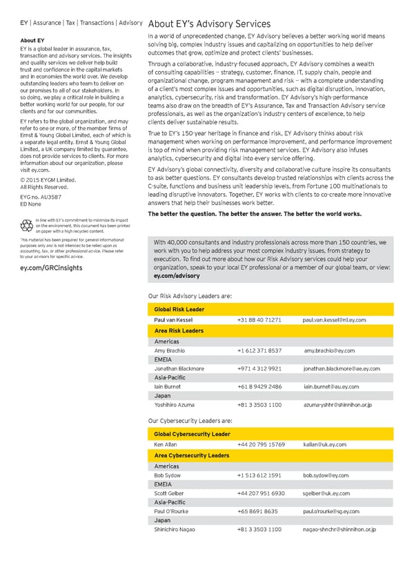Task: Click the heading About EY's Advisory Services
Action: coord(209,23)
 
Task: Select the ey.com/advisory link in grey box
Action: coord(176,275)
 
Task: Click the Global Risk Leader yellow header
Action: coord(179,309)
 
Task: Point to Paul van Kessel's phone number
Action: coord(259,320)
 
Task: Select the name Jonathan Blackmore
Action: coord(179,368)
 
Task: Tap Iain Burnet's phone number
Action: coord(259,386)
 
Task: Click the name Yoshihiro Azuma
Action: coord(174,404)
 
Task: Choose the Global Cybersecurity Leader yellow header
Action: coord(192,434)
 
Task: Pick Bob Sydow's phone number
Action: coord(259,475)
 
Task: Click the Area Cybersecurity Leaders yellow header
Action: coord(192,456)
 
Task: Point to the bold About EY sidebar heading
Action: coord(32,41)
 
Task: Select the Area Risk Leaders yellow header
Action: coord(179,331)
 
